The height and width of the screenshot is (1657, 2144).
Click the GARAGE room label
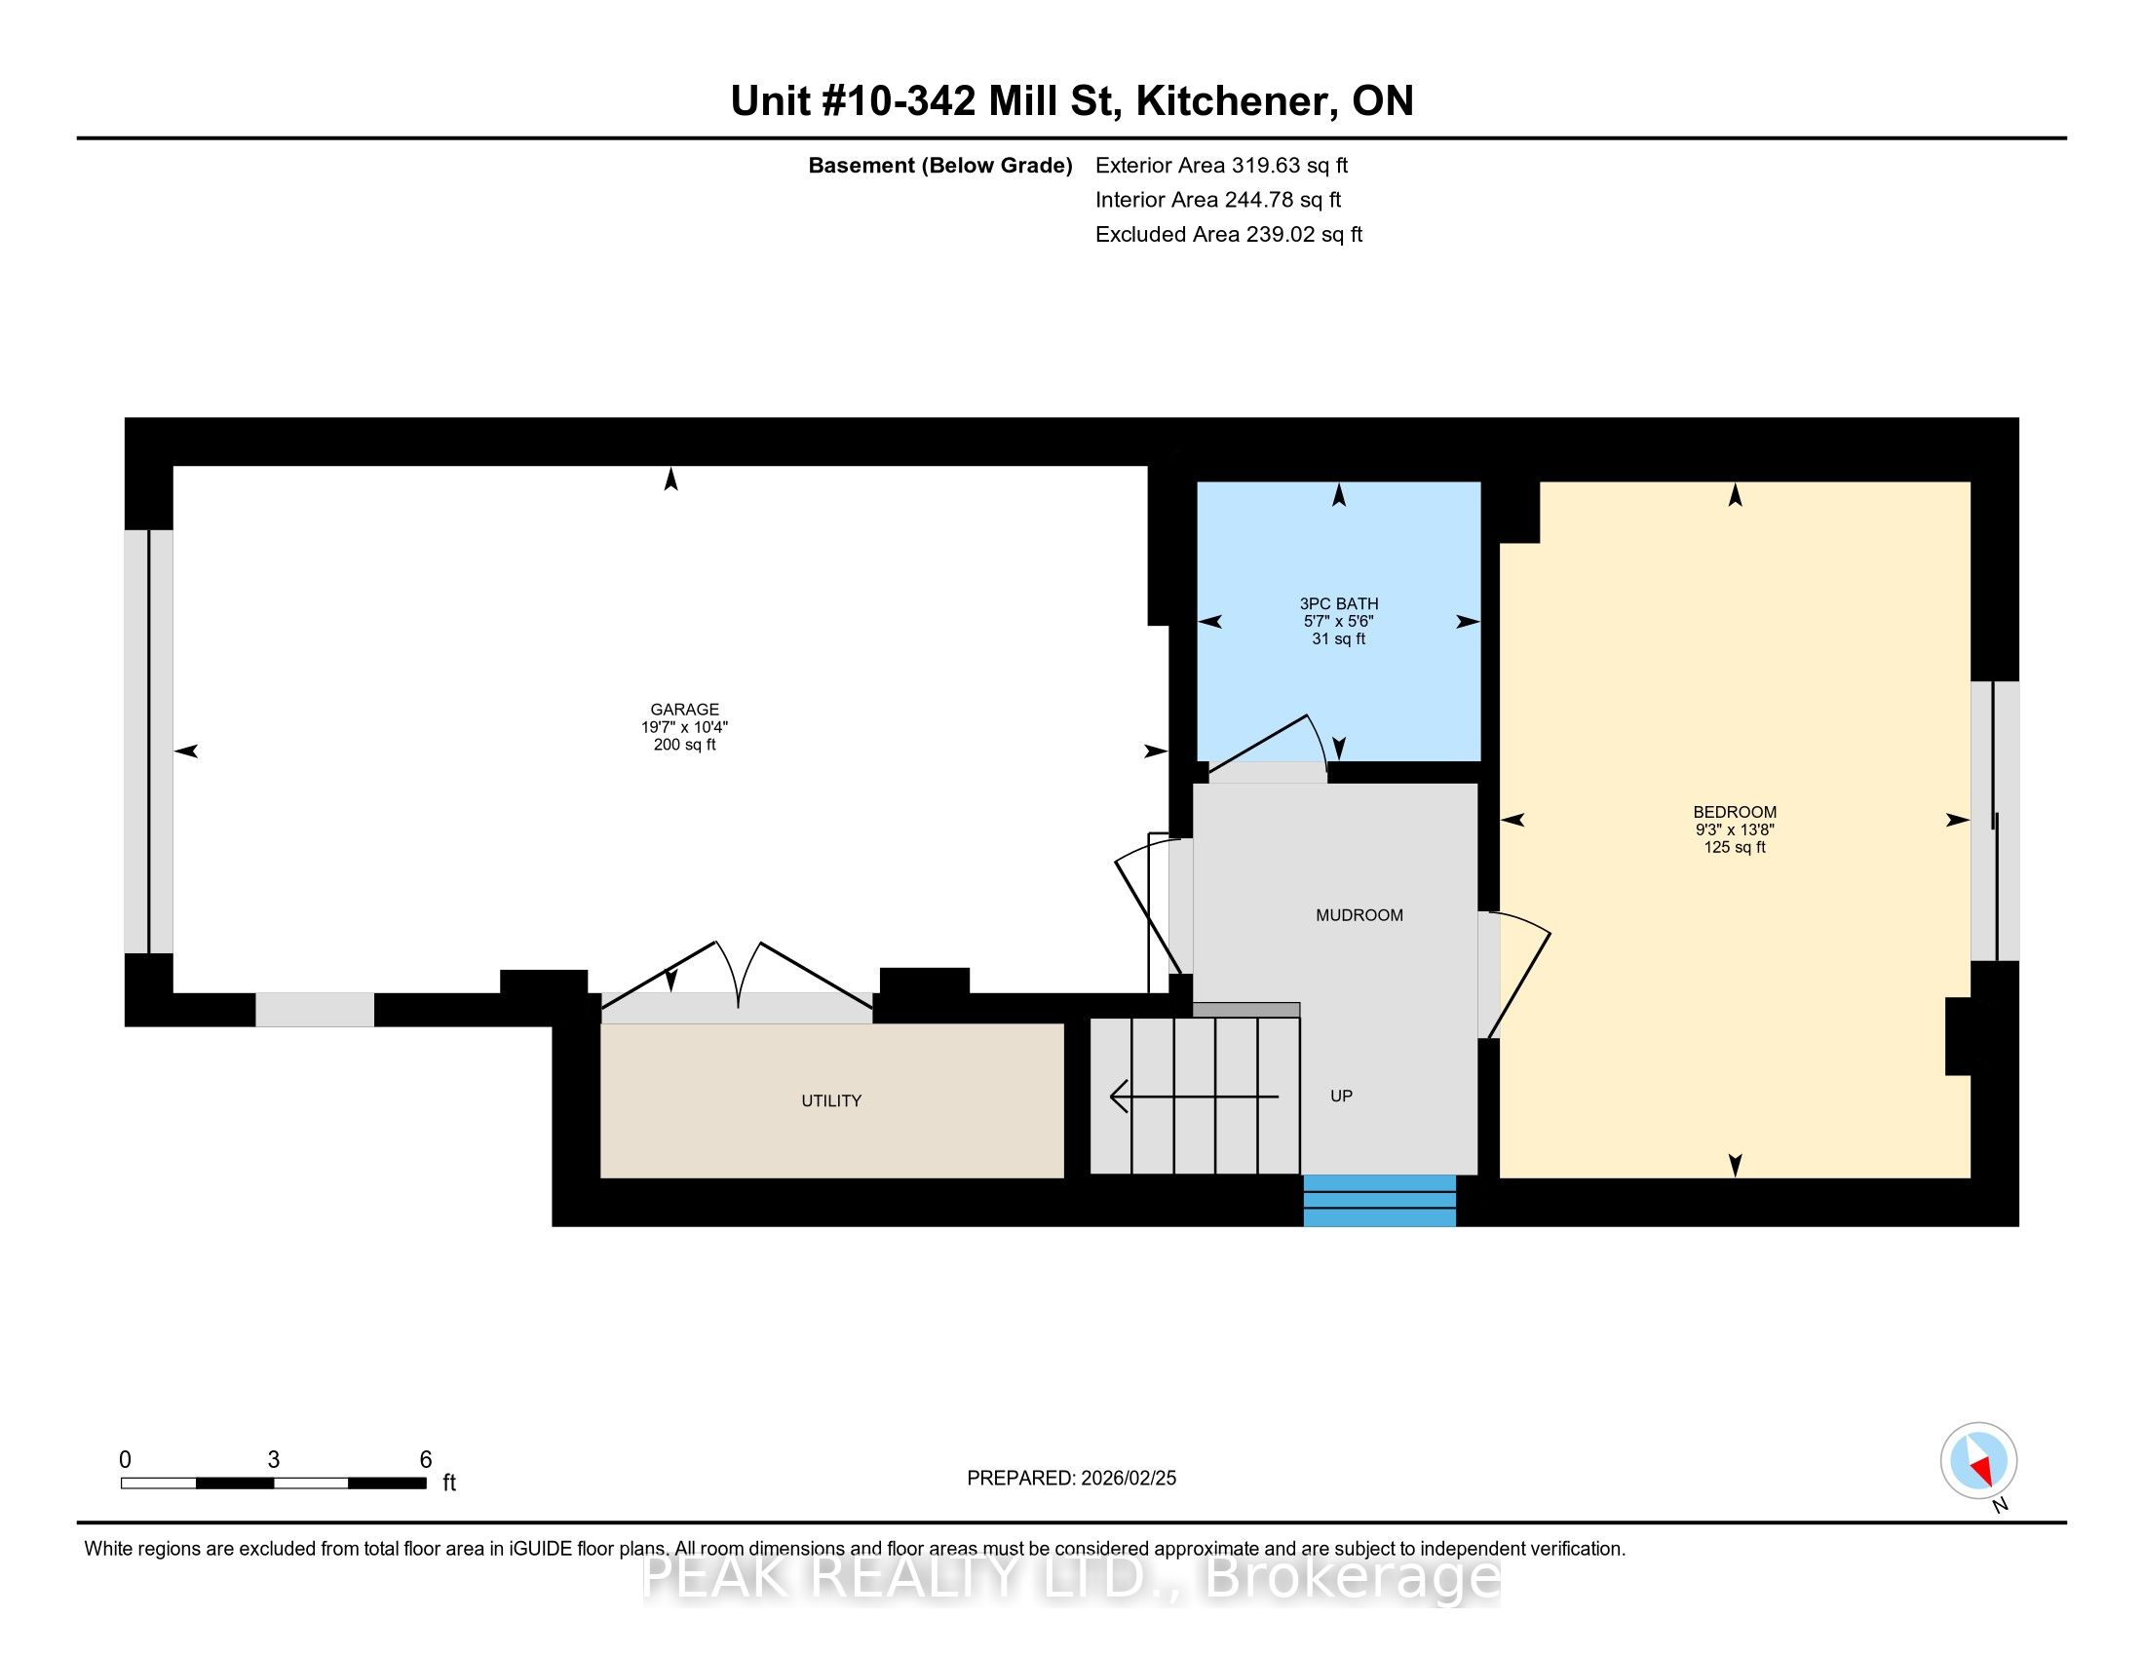684,709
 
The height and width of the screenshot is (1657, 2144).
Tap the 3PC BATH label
1338,603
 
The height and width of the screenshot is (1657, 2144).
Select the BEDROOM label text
1735,812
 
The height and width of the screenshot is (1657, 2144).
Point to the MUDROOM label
1359,915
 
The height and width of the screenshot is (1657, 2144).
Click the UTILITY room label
831,1100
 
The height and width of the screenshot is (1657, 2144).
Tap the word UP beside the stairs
1341,1096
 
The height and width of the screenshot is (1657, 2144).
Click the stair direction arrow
1194,1096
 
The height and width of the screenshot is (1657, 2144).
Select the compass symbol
1978,1461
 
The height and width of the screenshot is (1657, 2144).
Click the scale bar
273,1484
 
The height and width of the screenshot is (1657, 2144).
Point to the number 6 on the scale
425,1460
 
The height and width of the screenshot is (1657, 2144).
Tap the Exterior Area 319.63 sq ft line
1221,166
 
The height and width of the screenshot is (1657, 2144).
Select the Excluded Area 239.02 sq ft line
1228,235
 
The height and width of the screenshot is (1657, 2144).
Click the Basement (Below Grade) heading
939,166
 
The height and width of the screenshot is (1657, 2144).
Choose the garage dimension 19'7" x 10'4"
684,727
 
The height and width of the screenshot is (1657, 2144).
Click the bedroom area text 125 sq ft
1735,847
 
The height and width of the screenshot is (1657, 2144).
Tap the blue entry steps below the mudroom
1379,1200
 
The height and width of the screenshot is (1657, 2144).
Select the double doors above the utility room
738,978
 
